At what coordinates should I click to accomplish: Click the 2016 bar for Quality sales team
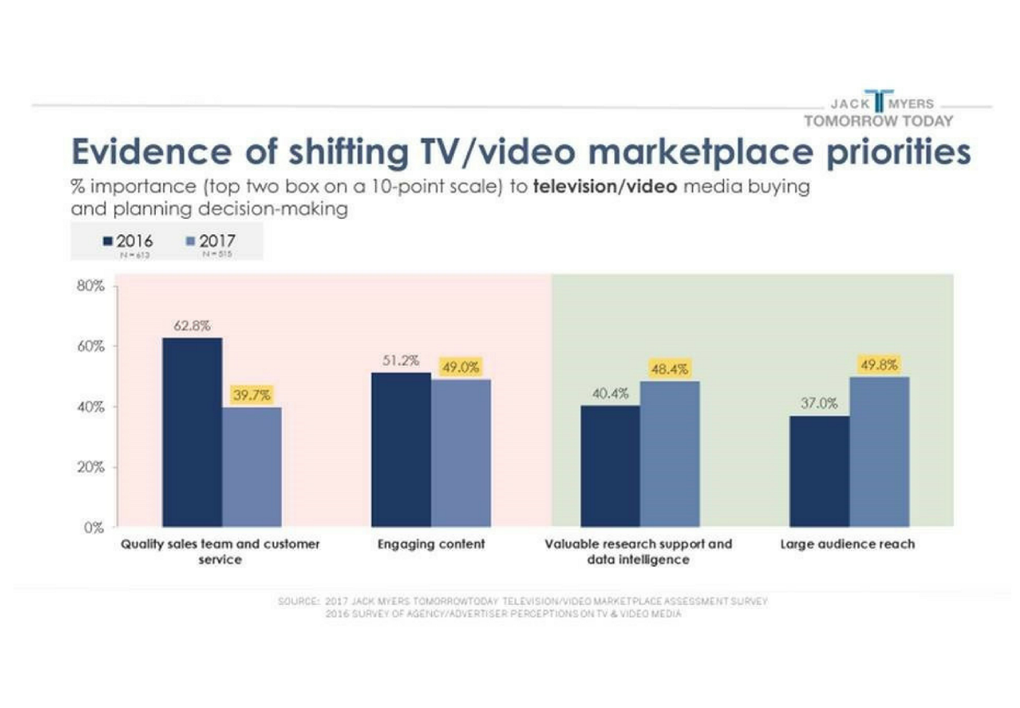[192, 432]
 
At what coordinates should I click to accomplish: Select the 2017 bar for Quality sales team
[251, 467]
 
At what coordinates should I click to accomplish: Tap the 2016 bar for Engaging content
[401, 450]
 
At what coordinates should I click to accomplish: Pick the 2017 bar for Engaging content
[460, 453]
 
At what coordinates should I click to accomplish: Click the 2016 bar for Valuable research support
[610, 466]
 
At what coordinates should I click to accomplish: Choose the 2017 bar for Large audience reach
[879, 452]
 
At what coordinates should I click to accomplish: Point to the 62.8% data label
[192, 326]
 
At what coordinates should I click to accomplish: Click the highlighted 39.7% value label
[251, 395]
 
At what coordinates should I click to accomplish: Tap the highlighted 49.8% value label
[879, 365]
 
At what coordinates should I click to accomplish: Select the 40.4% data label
[610, 394]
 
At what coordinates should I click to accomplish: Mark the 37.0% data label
[819, 404]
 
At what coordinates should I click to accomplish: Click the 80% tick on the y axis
[91, 286]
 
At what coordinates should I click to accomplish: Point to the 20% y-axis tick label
[91, 467]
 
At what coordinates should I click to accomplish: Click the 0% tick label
[93, 527]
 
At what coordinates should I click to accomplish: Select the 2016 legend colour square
[108, 241]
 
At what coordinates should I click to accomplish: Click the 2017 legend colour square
[190, 241]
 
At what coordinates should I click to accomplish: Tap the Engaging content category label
[431, 544]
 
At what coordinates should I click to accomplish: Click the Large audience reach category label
[847, 544]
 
